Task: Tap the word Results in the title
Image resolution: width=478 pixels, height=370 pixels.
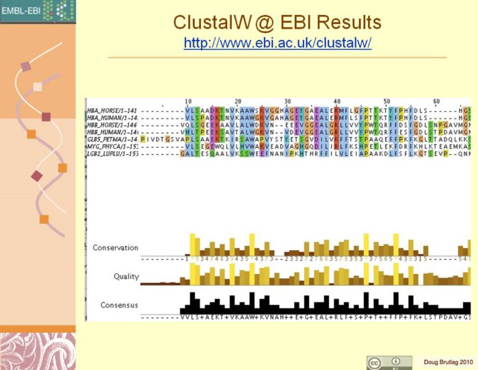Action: (344, 23)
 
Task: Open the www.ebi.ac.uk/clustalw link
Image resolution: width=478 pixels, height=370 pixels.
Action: (277, 42)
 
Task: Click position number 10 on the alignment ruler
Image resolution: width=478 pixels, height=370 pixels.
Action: (188, 101)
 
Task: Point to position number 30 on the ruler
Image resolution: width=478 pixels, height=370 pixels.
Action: (288, 101)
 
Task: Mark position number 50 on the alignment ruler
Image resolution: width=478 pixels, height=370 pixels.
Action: (386, 101)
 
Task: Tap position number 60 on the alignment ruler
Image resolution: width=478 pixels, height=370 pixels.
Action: (436, 101)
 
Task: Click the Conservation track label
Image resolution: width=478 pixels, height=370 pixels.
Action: (116, 247)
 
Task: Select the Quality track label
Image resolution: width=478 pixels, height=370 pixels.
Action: (126, 277)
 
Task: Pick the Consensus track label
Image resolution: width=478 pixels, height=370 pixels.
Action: (119, 305)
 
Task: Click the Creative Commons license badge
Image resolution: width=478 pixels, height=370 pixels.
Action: (388, 362)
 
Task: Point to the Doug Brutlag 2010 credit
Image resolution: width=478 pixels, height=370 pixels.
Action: (447, 361)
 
